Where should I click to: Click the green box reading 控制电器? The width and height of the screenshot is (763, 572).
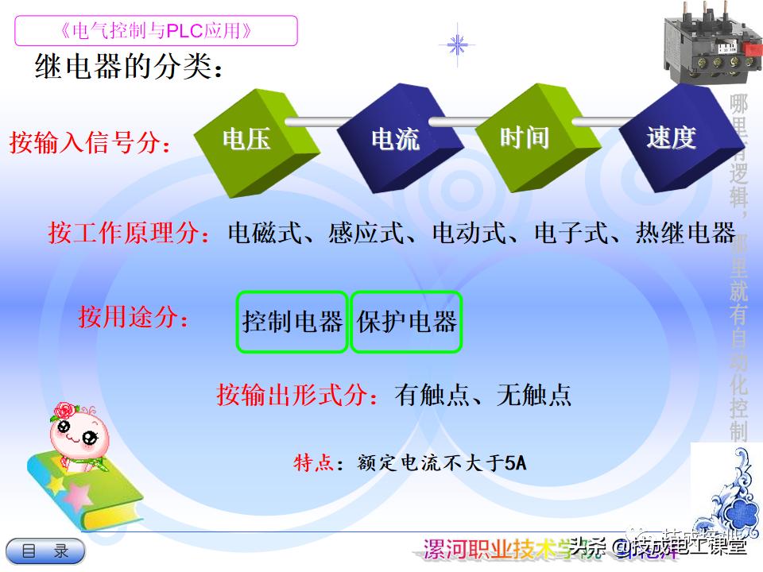pyautogui.click(x=292, y=322)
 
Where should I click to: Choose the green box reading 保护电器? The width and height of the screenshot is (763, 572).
pyautogui.click(x=406, y=322)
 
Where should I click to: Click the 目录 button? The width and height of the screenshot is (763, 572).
pyautogui.click(x=46, y=551)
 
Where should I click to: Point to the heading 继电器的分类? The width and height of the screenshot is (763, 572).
pyautogui.click(x=127, y=67)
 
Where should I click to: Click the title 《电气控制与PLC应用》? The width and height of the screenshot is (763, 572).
pyautogui.click(x=156, y=31)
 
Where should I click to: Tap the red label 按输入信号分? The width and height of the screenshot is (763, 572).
pyautogui.click(x=90, y=144)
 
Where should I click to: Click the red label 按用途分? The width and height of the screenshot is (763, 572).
pyautogui.click(x=134, y=317)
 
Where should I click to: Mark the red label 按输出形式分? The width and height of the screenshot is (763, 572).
pyautogui.click(x=298, y=395)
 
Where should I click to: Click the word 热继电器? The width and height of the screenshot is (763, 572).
pyautogui.click(x=685, y=234)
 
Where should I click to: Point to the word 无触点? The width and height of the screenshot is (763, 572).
pyautogui.click(x=534, y=395)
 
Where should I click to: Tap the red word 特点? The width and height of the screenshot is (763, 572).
pyautogui.click(x=312, y=462)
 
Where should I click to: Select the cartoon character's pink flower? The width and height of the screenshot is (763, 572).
pyautogui.click(x=63, y=412)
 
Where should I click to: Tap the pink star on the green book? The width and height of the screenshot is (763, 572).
pyautogui.click(x=77, y=496)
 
